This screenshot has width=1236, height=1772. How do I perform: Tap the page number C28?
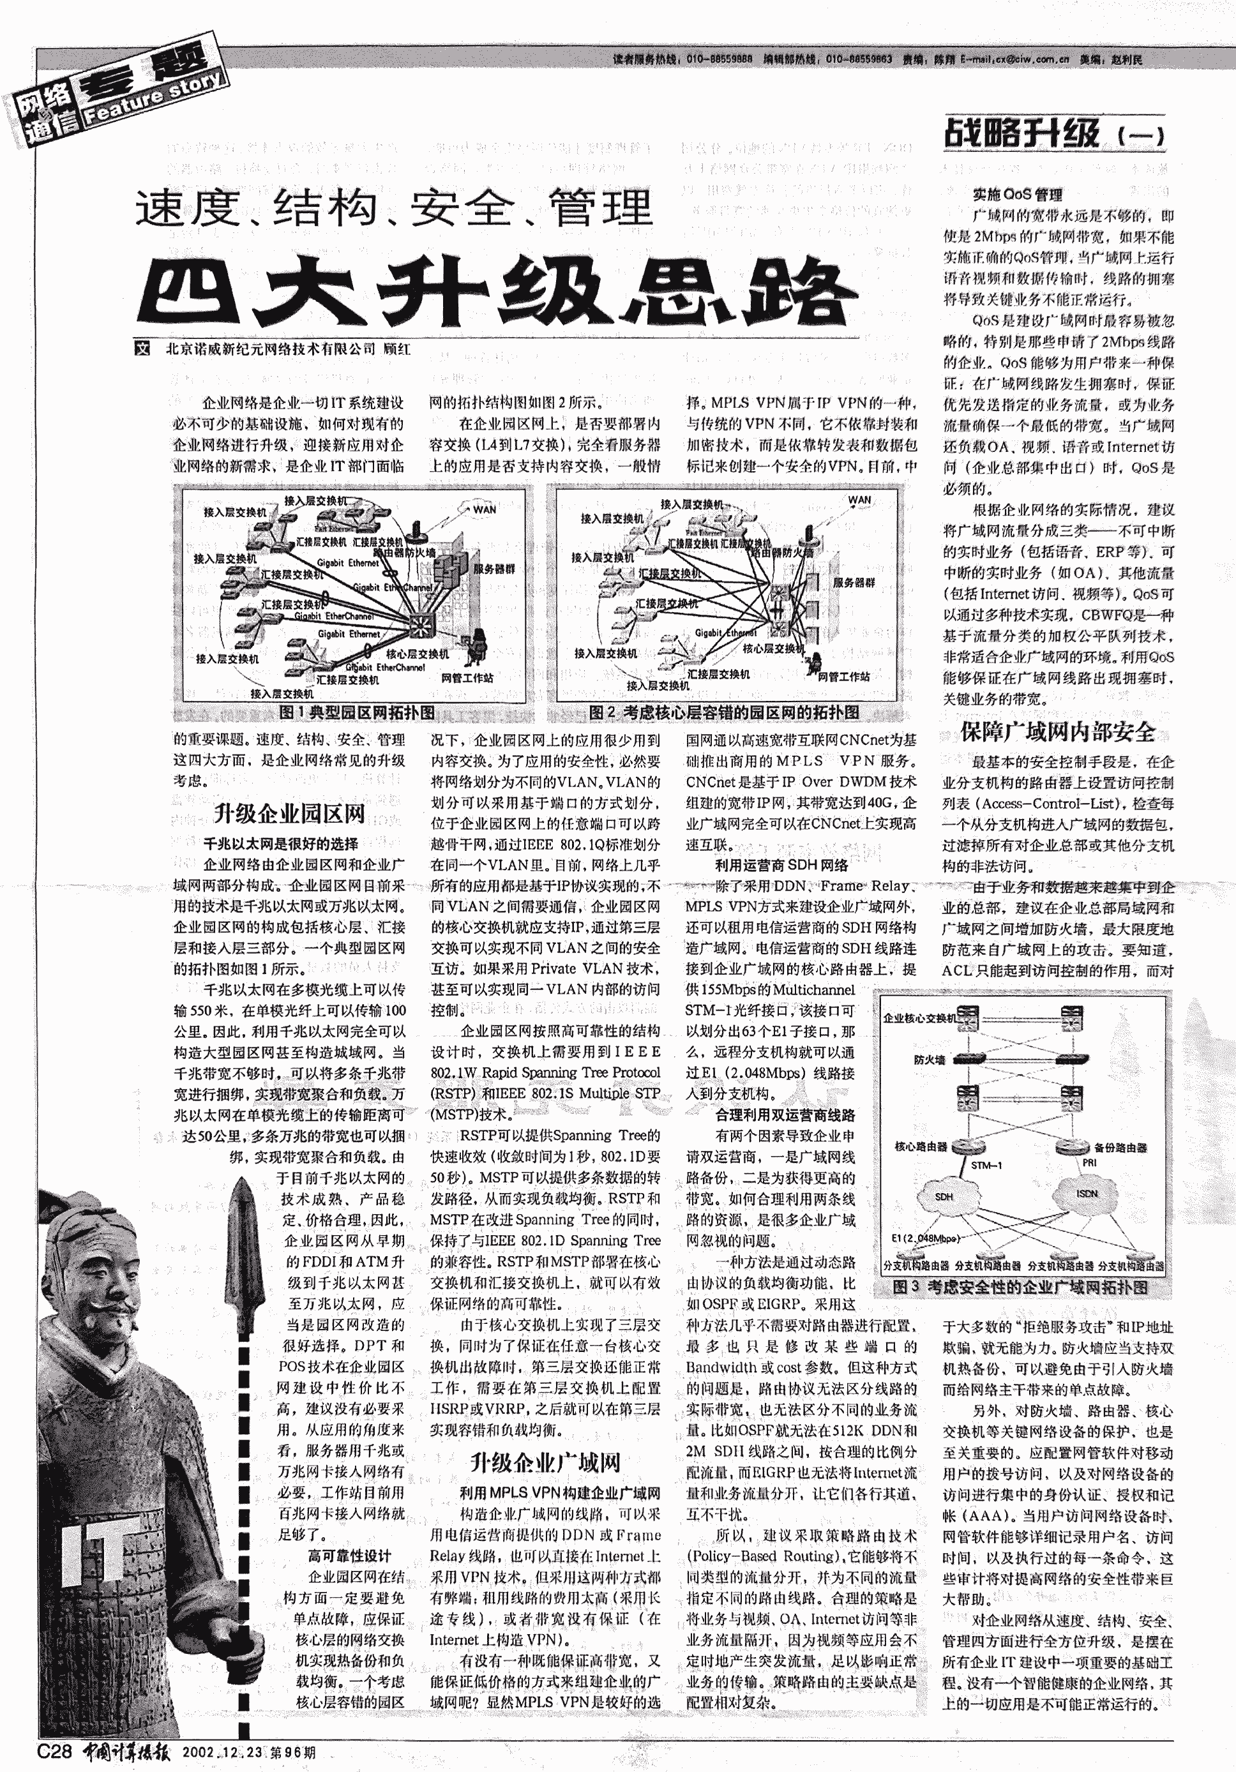(x=54, y=1751)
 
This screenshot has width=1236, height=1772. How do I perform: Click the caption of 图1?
(x=357, y=712)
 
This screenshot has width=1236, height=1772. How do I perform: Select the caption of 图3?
(x=1020, y=1287)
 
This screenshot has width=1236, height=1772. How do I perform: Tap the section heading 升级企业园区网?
(x=289, y=813)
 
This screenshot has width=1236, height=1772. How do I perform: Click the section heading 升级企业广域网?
(x=545, y=1462)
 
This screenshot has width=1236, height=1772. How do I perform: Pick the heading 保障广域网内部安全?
(x=1058, y=732)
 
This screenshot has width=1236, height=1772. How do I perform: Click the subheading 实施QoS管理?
(x=1017, y=195)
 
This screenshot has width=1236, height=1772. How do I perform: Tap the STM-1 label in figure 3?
(x=986, y=1164)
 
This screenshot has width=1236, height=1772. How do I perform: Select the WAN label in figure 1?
(x=484, y=509)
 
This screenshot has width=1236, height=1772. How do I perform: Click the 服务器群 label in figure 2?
(x=854, y=583)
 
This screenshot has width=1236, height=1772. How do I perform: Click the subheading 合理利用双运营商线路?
(x=785, y=1115)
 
